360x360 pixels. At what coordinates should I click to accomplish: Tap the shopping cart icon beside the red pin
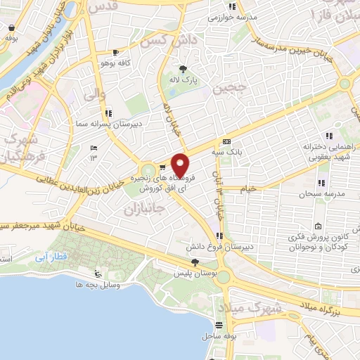click(162, 167)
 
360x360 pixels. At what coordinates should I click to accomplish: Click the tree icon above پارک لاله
click(184, 68)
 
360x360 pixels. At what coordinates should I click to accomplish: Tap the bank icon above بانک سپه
click(226, 141)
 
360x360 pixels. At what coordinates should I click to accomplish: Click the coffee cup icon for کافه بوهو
click(116, 52)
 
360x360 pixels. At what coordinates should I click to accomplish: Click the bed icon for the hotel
click(94, 148)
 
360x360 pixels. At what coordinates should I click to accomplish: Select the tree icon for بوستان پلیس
click(195, 262)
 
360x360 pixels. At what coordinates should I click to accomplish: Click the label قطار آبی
click(51, 258)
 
